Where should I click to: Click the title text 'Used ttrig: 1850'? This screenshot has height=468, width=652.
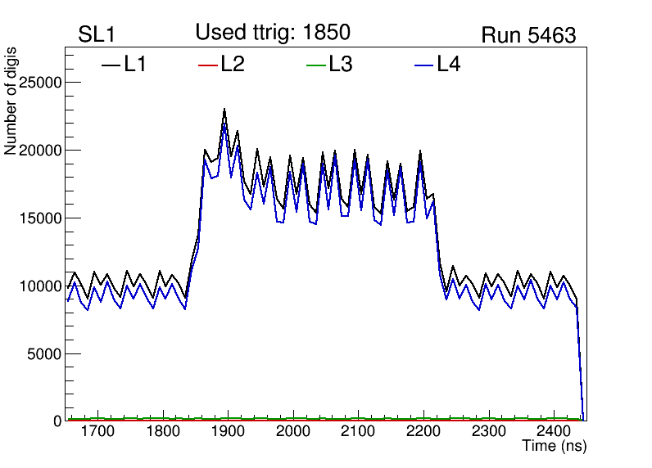(x=273, y=33)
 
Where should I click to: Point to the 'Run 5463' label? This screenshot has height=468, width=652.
(x=528, y=35)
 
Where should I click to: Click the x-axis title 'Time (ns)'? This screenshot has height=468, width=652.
(x=555, y=447)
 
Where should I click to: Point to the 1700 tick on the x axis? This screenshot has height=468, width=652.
(x=97, y=431)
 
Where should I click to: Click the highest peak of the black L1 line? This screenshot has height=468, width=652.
(x=224, y=110)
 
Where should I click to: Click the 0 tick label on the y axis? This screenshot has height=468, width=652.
(x=58, y=421)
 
